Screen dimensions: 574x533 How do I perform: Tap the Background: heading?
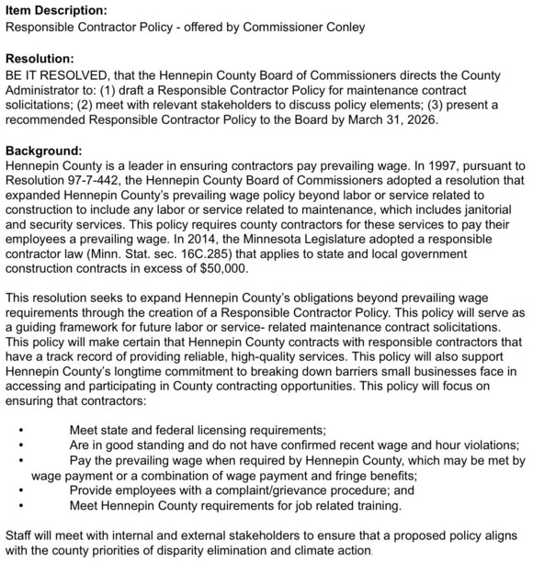pyautogui.click(x=45, y=150)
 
